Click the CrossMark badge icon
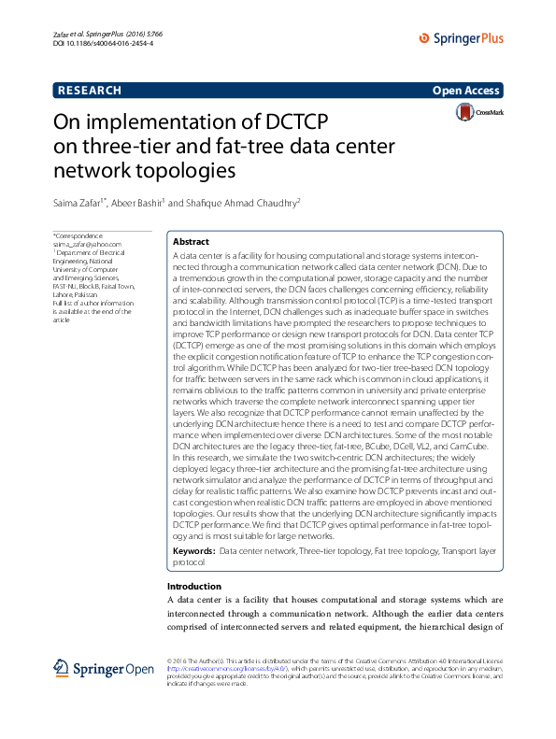click(x=478, y=113)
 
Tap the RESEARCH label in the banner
click(x=90, y=91)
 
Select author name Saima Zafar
click(x=78, y=204)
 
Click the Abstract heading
click(x=192, y=241)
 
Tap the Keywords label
click(x=194, y=552)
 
